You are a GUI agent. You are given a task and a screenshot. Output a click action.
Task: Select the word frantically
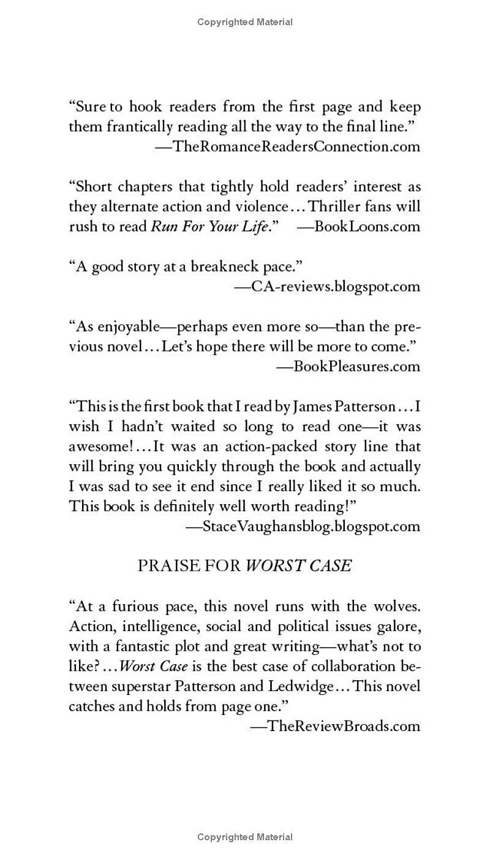[140, 127]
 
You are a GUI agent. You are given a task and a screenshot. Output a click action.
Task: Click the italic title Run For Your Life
[210, 226]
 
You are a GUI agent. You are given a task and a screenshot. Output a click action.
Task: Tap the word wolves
[397, 606]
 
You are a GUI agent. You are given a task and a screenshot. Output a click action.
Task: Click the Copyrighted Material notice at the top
[245, 22]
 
